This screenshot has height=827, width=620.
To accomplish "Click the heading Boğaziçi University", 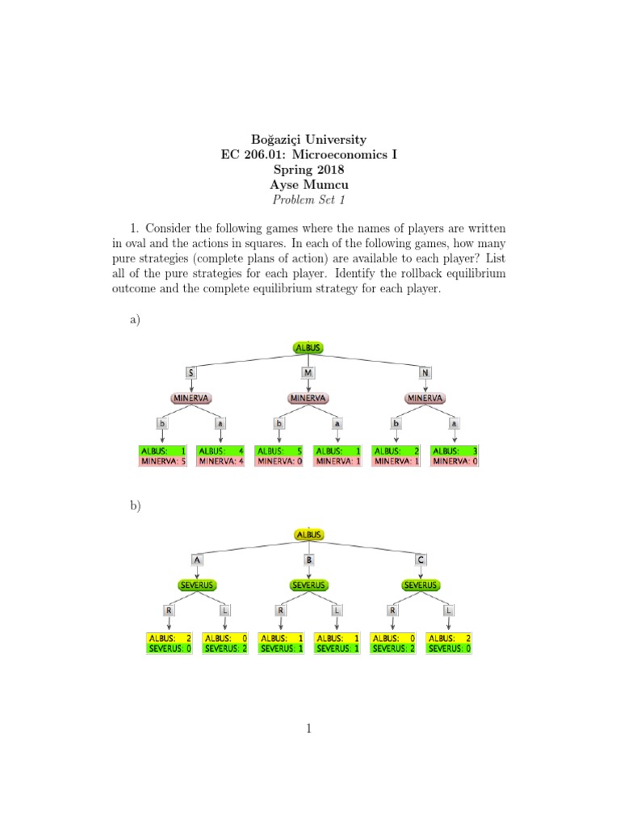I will [x=309, y=140].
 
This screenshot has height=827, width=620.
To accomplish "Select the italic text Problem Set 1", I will [x=309, y=199].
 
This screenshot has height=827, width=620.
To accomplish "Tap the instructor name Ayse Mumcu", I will [x=309, y=184].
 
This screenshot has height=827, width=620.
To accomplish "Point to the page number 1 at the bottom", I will [x=309, y=729].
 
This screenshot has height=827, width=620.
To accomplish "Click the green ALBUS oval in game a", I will [x=309, y=347].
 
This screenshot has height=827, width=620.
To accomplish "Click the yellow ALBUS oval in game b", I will [x=309, y=535].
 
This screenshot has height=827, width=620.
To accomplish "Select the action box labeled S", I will [x=191, y=372].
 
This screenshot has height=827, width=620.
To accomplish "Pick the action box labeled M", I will [x=308, y=372].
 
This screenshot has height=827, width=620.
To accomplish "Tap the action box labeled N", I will [x=425, y=372].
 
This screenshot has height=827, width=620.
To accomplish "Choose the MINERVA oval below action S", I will [x=191, y=398].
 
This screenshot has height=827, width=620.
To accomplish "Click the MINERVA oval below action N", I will [x=425, y=398].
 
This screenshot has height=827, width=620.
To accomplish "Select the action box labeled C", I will [x=421, y=559].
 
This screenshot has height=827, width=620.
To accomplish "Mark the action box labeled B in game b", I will [x=308, y=559].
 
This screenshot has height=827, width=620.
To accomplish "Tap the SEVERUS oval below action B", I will [x=308, y=585].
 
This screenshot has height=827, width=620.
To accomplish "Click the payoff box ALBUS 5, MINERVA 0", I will [x=279, y=455].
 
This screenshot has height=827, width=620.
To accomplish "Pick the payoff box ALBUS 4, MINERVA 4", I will [x=221, y=455].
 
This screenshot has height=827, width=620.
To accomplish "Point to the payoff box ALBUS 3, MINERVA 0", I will [x=454, y=455].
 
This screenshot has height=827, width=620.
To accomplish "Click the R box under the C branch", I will [x=392, y=611].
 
